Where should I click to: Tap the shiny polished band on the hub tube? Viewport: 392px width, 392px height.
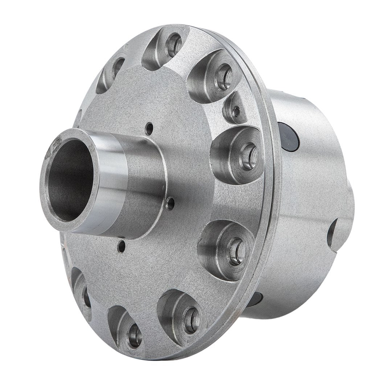coord(105,181)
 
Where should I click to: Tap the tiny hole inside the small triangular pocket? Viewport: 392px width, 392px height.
coord(236,112)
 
